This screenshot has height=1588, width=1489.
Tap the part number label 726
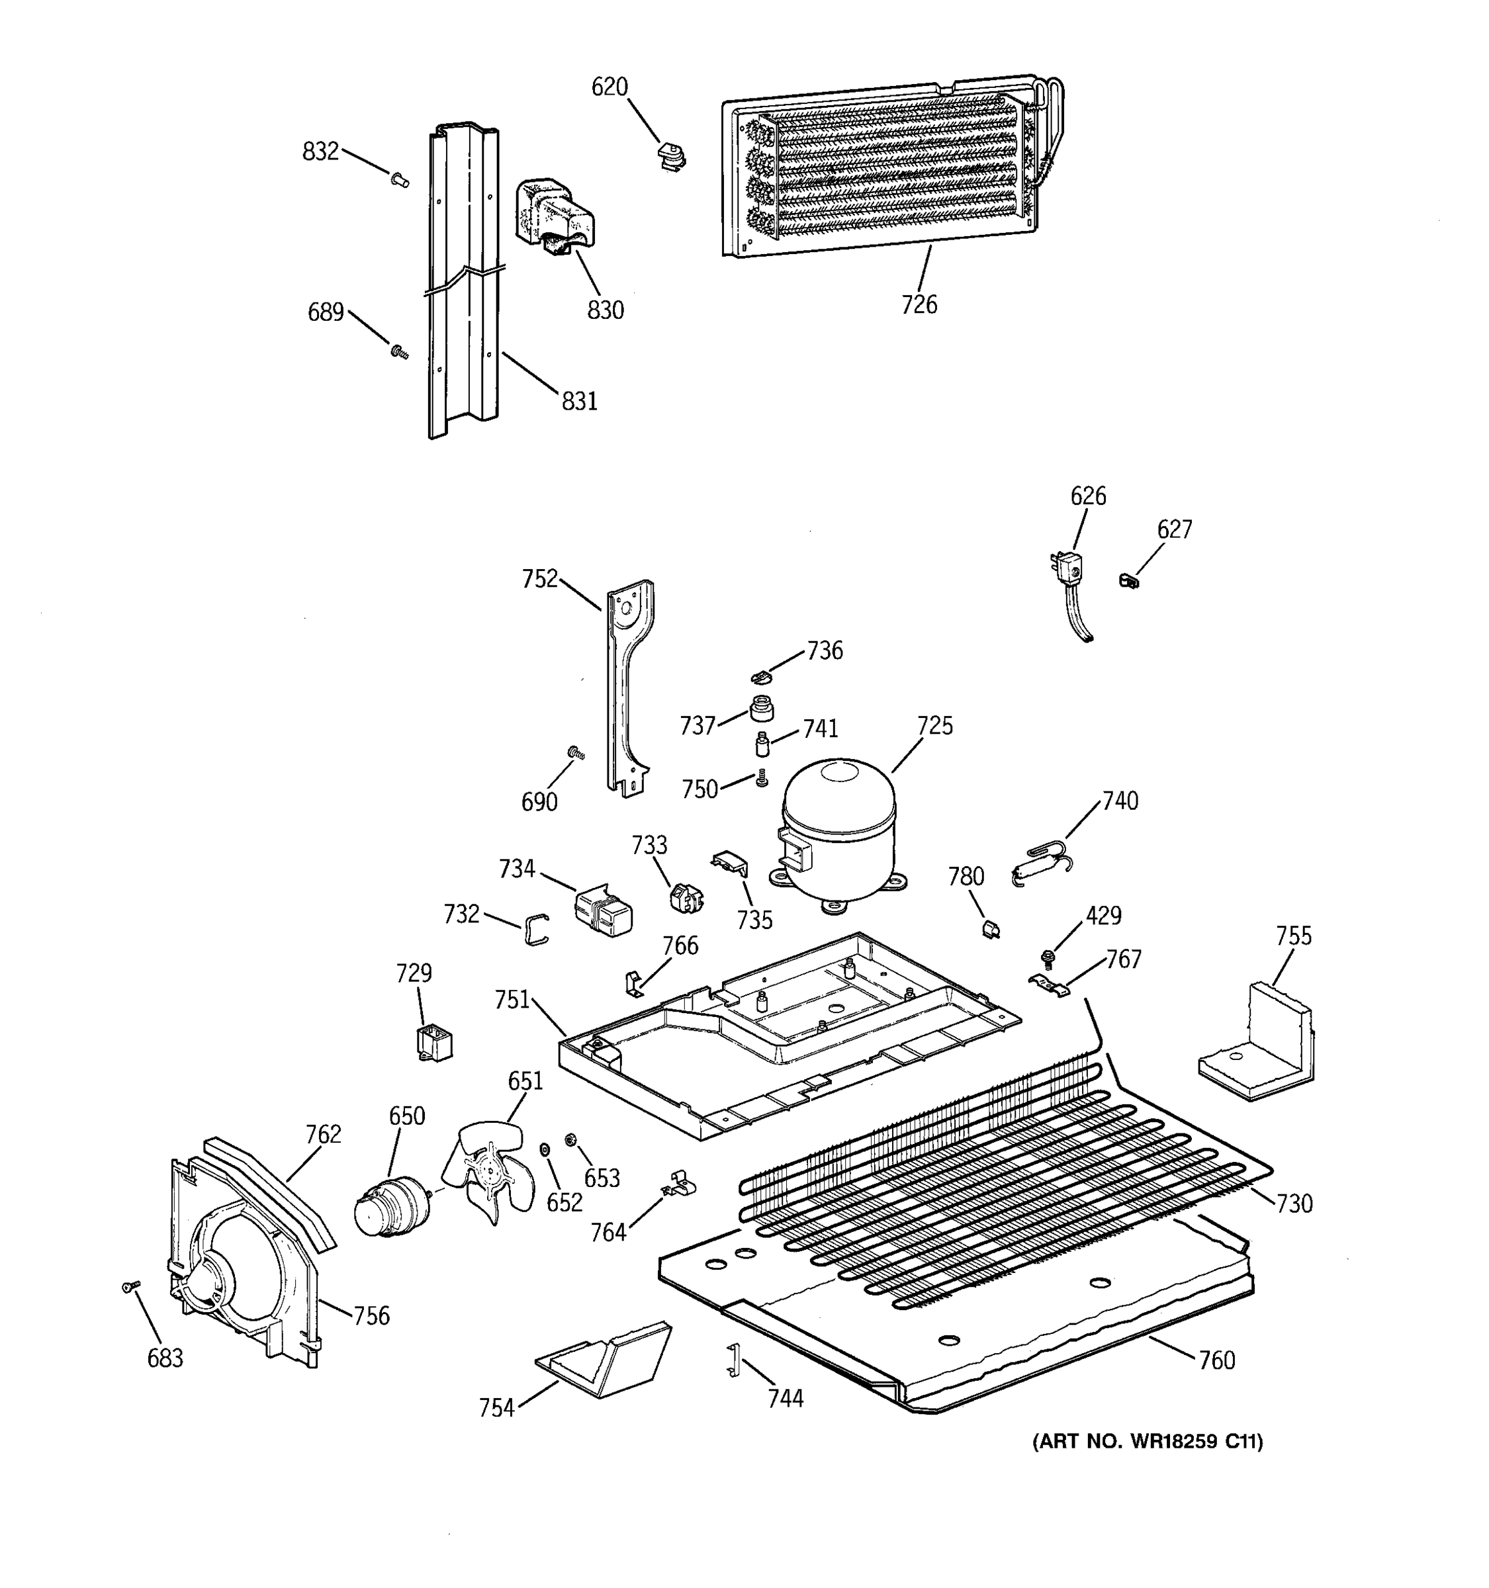coord(919,304)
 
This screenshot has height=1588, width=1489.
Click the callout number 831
coord(579,401)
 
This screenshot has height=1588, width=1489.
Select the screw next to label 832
coord(400,181)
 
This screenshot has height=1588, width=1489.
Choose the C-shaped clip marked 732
coord(537,928)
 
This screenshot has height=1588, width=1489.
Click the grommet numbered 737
coord(762,707)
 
